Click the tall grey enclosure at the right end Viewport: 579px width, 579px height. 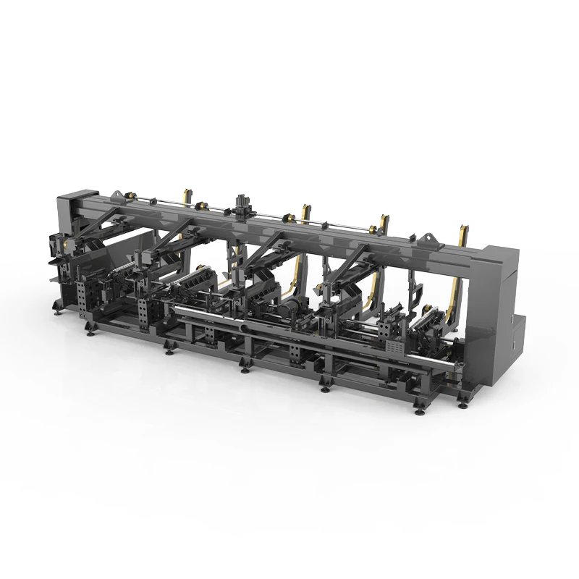point(501,289)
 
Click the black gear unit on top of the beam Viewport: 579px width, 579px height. point(241,203)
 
